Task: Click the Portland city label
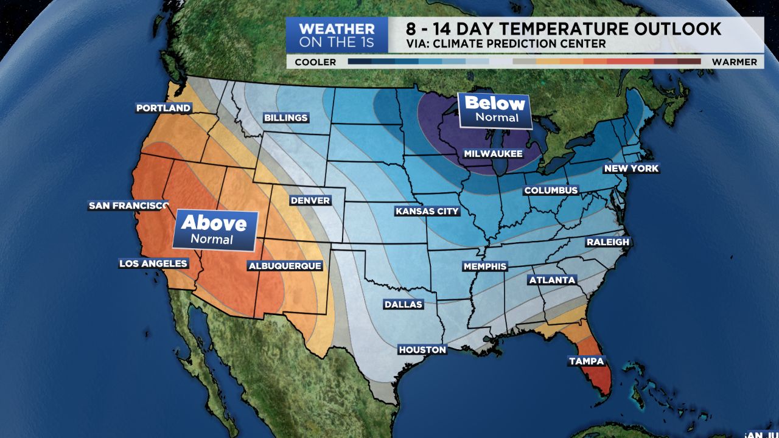163,108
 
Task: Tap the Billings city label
285,117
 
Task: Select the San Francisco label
128,206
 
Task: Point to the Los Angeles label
153,263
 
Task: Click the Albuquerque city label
284,266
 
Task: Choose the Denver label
310,200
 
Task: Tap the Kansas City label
427,211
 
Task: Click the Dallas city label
403,304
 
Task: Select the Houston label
422,350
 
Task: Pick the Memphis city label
484,266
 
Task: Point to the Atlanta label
552,280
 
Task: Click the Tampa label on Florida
586,361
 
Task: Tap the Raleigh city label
607,242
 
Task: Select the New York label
631,169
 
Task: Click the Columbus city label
551,190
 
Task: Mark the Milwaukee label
493,154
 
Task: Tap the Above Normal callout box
214,231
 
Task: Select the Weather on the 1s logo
337,35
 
